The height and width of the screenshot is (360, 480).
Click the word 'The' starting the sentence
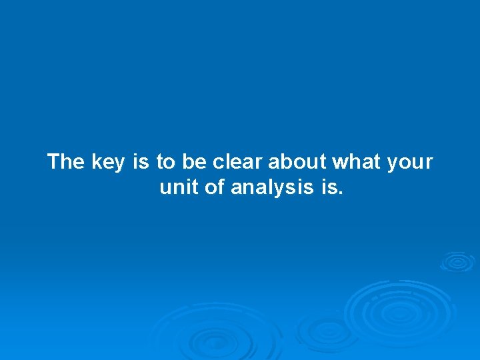pos(66,162)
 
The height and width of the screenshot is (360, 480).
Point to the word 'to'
pos(165,162)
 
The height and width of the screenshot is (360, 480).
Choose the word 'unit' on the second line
pos(179,188)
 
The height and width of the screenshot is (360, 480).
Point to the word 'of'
pos(215,188)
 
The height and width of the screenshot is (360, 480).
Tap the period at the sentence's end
pos(341,194)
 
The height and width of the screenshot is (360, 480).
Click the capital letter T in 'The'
pos(54,162)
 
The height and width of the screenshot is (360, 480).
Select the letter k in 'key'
pos(95,162)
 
